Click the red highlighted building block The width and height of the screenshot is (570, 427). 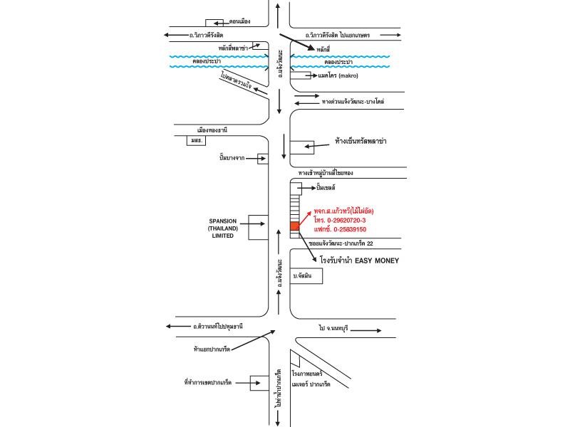point(294,226)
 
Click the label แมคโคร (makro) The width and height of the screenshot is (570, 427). point(338,75)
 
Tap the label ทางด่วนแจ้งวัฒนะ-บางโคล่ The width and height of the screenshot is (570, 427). point(353,102)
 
